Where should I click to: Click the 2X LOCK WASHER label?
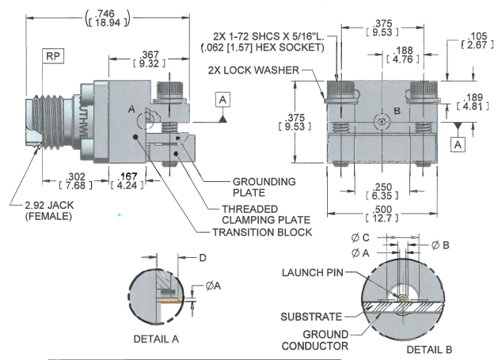point(255,70)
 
